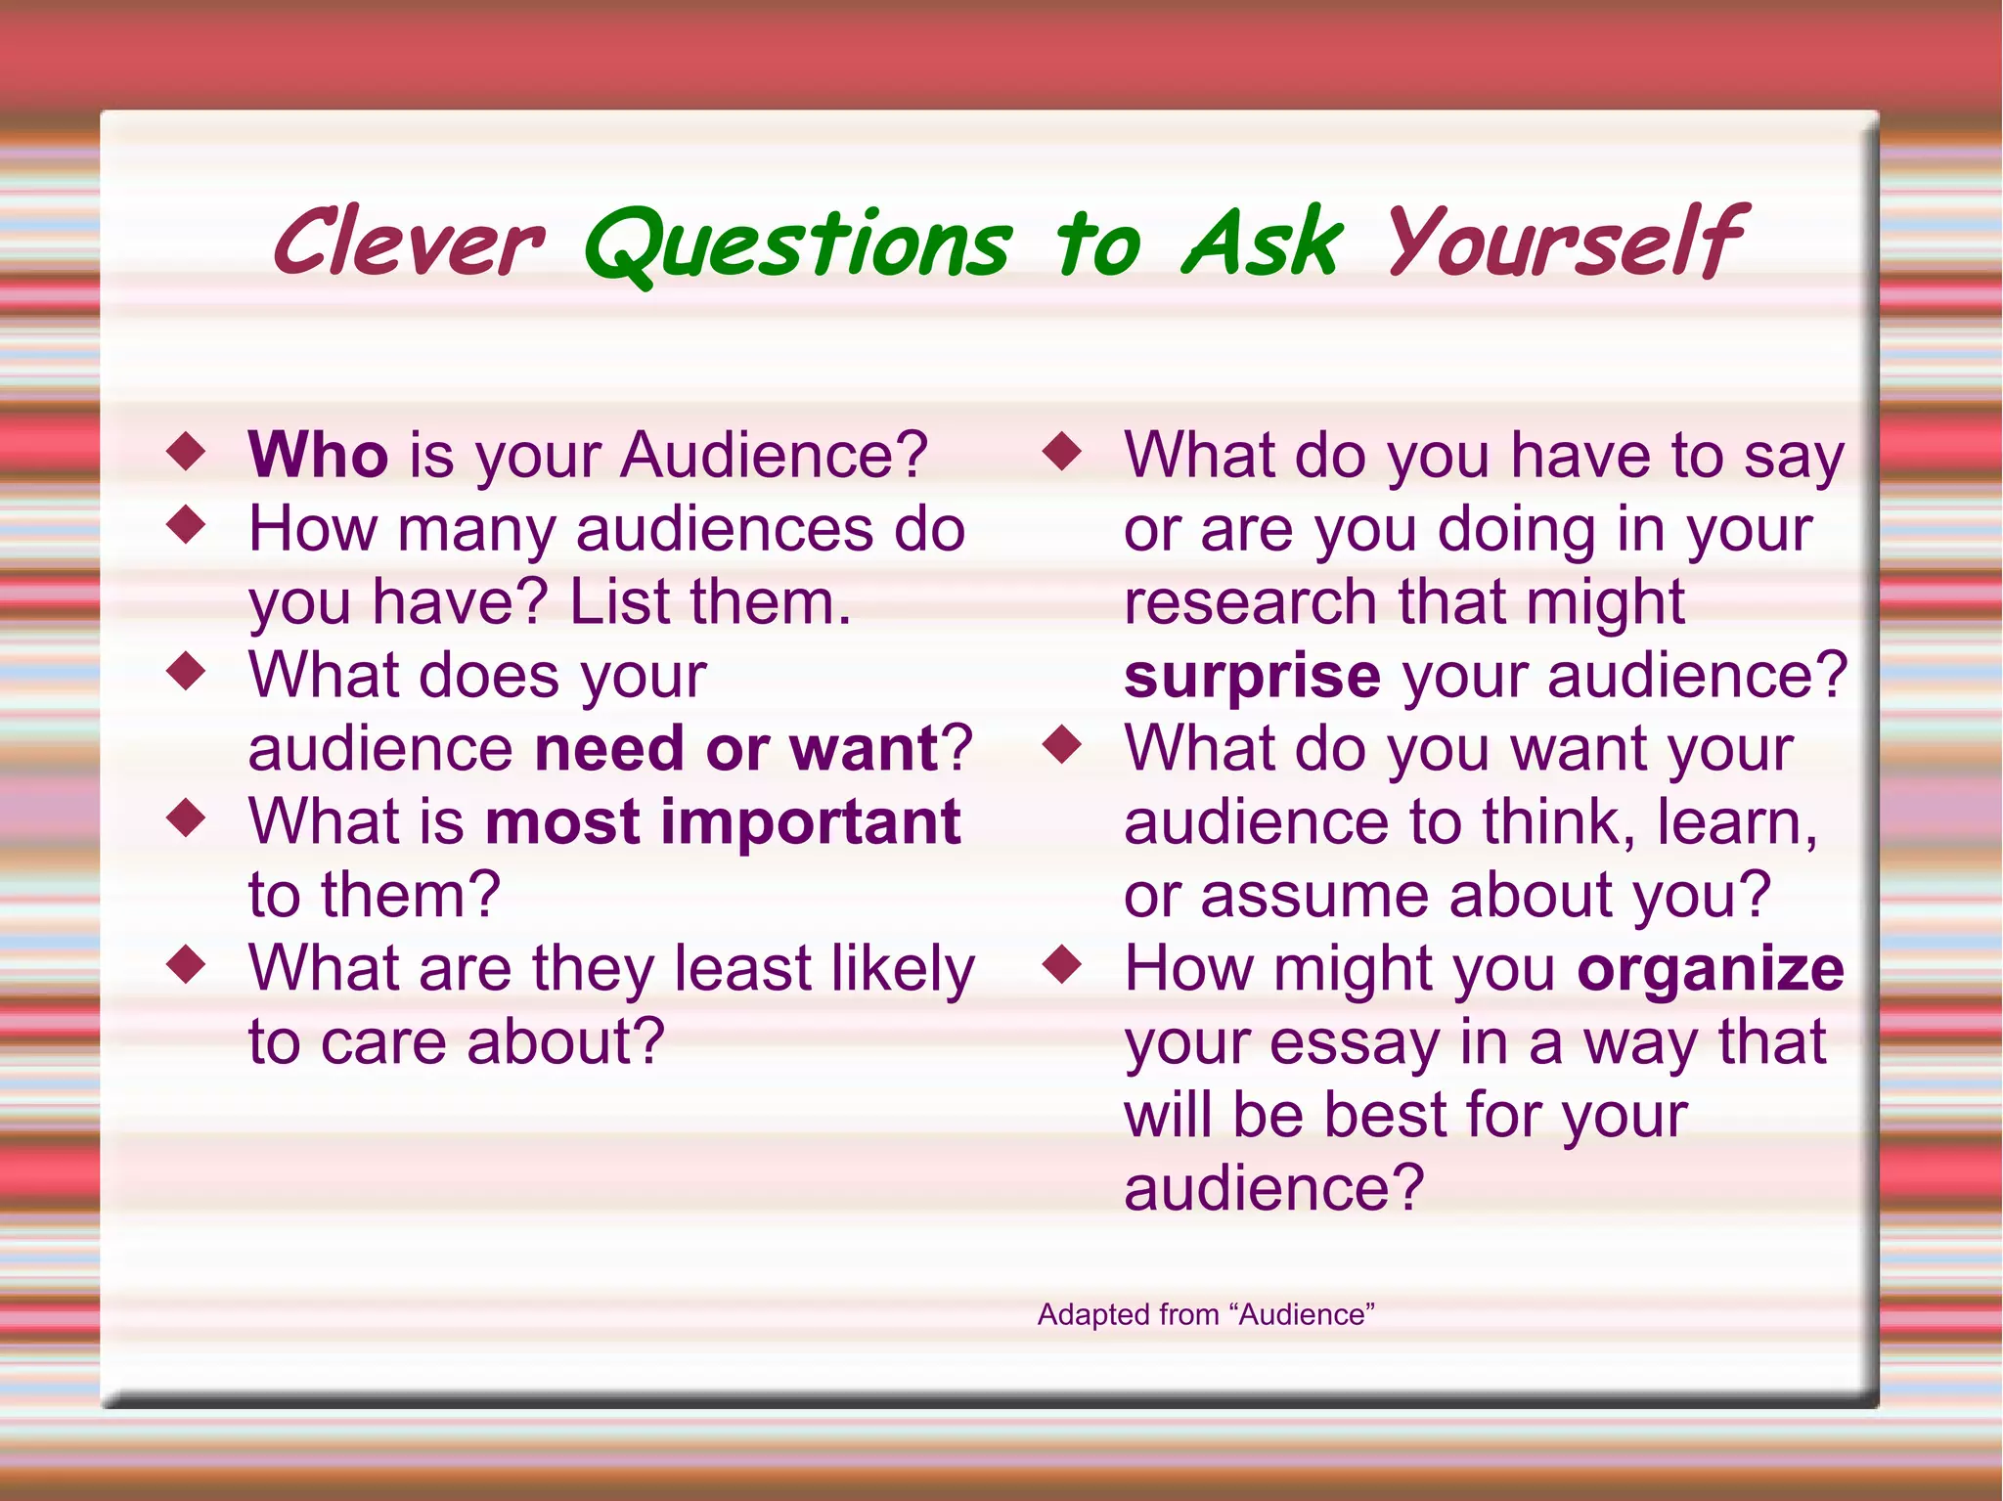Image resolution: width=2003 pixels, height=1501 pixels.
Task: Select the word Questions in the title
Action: (797, 244)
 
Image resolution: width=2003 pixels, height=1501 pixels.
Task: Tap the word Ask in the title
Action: (1262, 243)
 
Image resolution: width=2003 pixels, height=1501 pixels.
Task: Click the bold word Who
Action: (318, 455)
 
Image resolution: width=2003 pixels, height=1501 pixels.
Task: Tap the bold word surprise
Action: (1252, 675)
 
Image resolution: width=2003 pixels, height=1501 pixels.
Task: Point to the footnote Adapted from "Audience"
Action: (1206, 1314)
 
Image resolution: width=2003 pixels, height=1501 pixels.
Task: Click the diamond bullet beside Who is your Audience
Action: (186, 452)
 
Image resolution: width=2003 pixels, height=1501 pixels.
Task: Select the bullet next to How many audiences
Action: (186, 525)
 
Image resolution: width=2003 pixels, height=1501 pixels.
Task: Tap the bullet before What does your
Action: (186, 672)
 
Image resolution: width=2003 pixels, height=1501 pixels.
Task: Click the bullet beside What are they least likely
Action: (186, 965)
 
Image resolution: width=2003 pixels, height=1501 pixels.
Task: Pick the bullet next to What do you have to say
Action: (1062, 452)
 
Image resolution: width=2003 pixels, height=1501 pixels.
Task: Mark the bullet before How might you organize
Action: (1062, 965)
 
